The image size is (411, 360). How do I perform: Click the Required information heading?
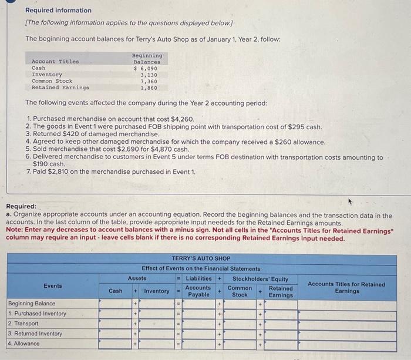coord(58,11)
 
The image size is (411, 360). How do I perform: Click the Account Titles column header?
coord(55,62)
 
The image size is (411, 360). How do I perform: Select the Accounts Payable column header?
coord(198,291)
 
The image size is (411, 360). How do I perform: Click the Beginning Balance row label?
coord(32,304)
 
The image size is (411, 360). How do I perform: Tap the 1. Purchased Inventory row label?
coord(37,314)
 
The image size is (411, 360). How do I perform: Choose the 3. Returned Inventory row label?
coord(35,334)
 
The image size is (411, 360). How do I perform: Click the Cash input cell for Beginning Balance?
coord(116,304)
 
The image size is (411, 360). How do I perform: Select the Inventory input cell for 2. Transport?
coord(157,324)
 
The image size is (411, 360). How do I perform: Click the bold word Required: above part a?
coord(21,207)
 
